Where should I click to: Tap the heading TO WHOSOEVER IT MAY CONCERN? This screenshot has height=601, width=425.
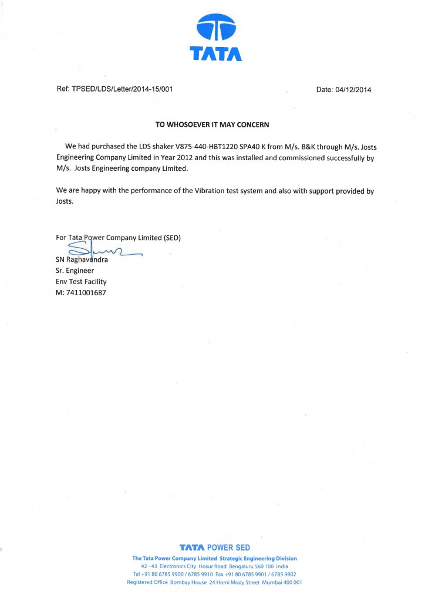click(x=212, y=124)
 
